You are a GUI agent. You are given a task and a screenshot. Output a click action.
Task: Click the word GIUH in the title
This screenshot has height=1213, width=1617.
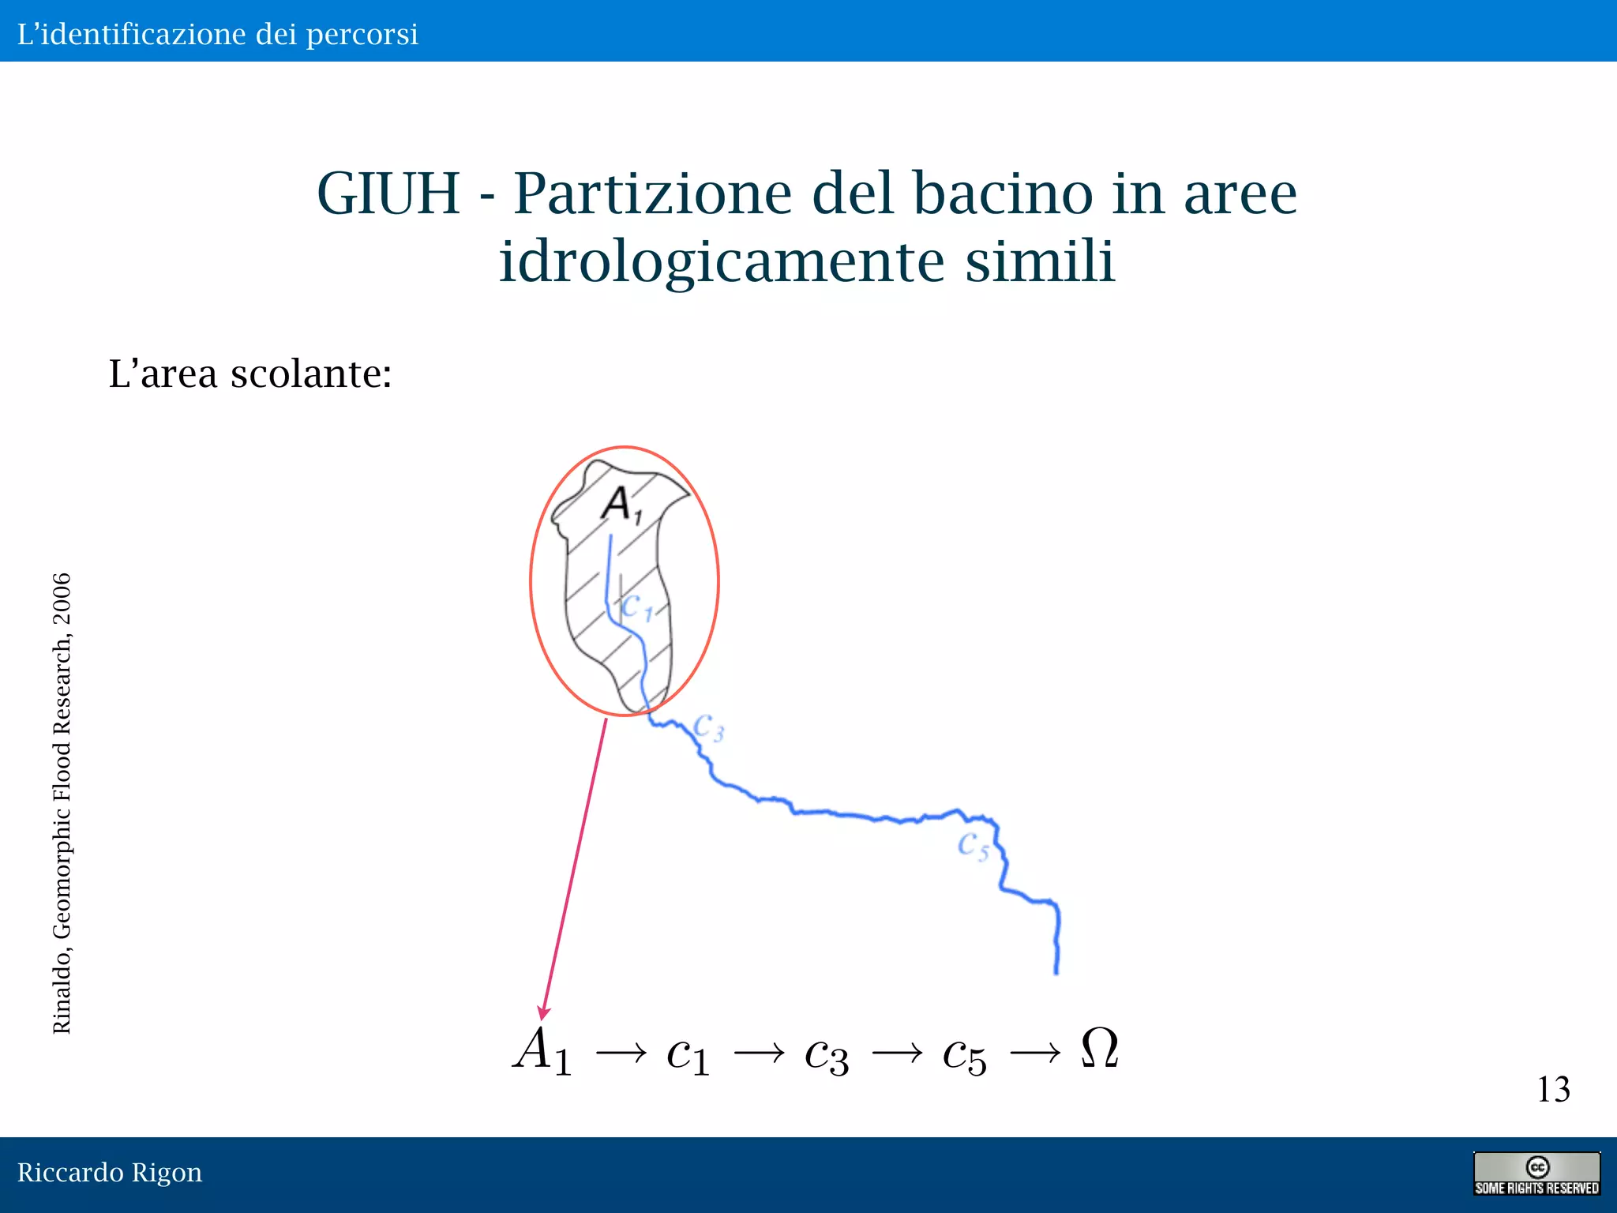coord(388,193)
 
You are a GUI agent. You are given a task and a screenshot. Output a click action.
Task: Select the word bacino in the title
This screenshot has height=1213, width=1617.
coord(1002,193)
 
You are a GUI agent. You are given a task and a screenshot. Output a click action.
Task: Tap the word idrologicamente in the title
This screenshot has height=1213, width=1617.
coord(722,261)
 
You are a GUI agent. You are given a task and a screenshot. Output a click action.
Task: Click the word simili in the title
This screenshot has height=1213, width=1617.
coord(1040,261)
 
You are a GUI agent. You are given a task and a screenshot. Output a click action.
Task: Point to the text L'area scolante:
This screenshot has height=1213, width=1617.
coord(250,374)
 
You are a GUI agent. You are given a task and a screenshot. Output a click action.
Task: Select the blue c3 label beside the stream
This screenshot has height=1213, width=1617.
coord(708,727)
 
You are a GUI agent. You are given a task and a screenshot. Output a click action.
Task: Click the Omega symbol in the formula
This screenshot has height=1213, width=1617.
coord(1099,1049)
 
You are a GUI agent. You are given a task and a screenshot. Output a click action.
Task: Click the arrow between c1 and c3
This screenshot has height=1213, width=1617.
coord(759,1053)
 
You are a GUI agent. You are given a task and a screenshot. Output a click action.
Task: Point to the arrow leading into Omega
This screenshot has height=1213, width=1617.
coord(1035,1053)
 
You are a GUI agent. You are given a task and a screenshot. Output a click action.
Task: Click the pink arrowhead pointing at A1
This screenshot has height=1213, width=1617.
coord(543,1013)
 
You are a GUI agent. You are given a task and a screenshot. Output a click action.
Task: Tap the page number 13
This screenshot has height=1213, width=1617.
coord(1553,1090)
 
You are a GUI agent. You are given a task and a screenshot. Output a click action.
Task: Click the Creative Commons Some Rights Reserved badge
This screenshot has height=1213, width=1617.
coord(1536,1174)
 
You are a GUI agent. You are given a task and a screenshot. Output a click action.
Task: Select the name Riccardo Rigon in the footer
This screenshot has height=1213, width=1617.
coord(110,1173)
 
